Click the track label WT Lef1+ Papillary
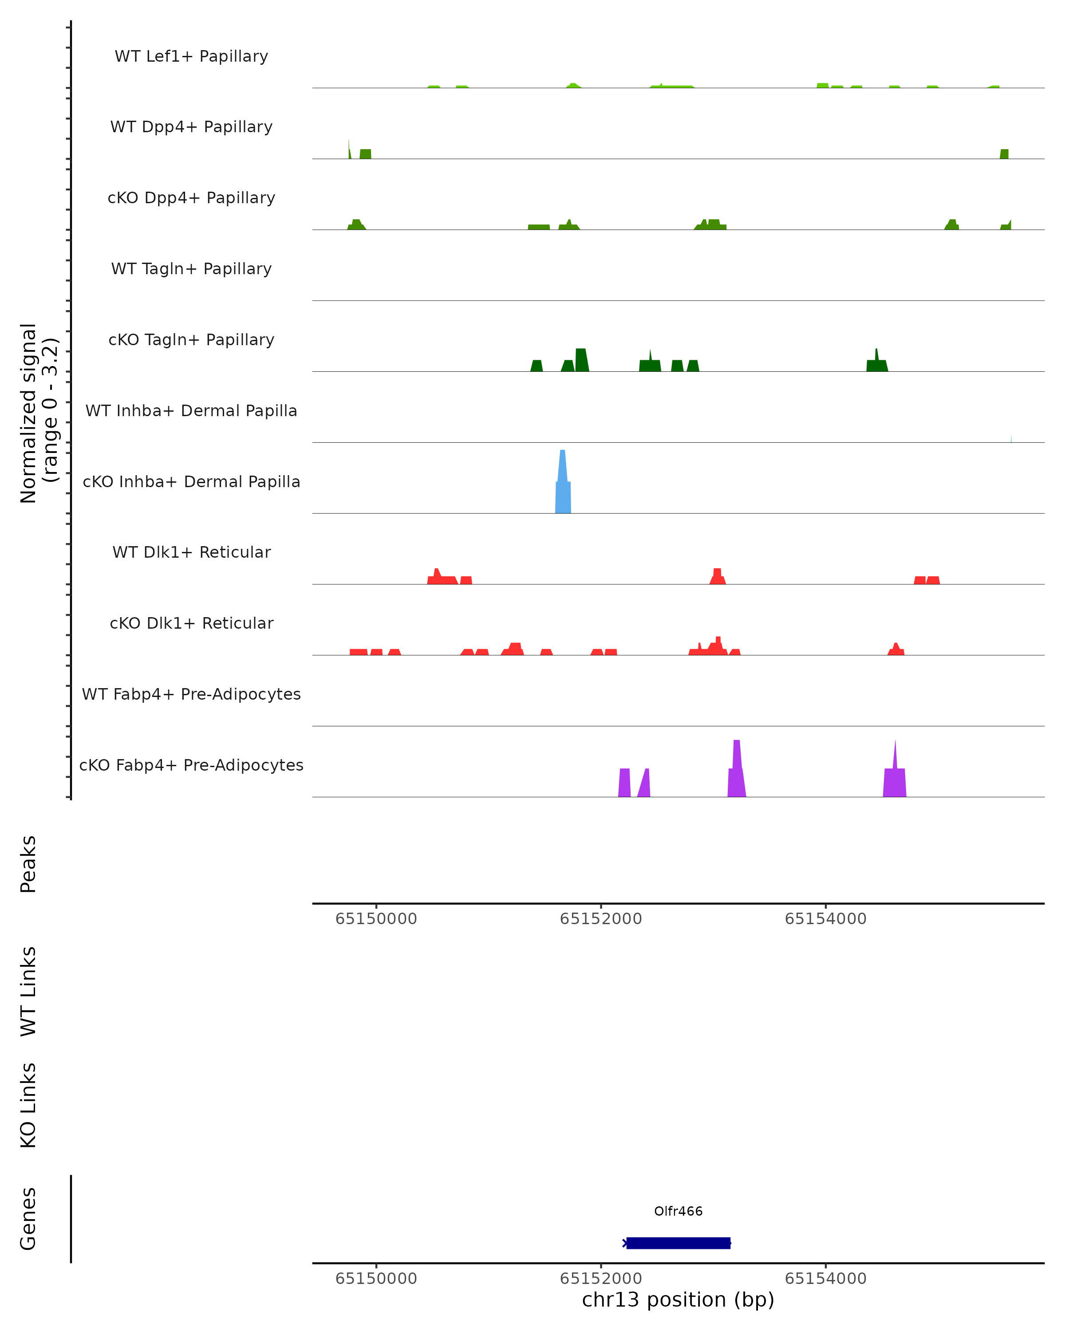click(191, 56)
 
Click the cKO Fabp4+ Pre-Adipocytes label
click(191, 765)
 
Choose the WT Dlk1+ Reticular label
click(191, 552)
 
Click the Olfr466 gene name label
click(678, 1211)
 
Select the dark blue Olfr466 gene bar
click(678, 1243)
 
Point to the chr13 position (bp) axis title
click(678, 1299)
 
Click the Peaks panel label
click(28, 864)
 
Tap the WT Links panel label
click(28, 991)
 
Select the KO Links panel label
click(28, 1105)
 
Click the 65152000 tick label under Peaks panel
click(601, 919)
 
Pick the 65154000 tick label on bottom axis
click(825, 1279)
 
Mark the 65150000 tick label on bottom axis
click(376, 1279)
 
